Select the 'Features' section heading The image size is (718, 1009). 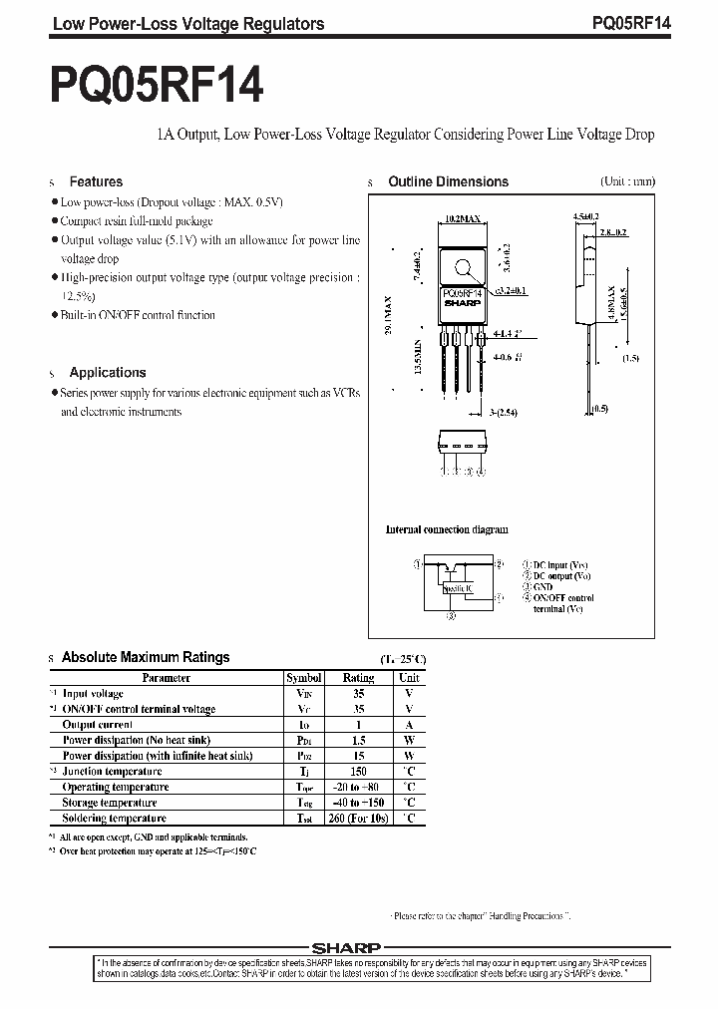coord(96,181)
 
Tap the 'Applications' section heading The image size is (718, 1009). coord(108,372)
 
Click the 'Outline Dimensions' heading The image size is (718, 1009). coord(448,181)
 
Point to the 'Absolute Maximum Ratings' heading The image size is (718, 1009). coord(146,657)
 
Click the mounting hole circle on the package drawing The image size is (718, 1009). coord(463,267)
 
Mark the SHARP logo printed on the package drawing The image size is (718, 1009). coord(462,302)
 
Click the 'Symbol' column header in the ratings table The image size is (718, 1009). coord(304,677)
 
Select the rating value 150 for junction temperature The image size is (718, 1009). coord(359,771)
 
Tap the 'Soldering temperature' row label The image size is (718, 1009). coord(114,818)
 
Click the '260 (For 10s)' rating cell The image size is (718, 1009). coord(359,818)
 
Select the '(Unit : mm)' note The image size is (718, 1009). coord(627,181)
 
